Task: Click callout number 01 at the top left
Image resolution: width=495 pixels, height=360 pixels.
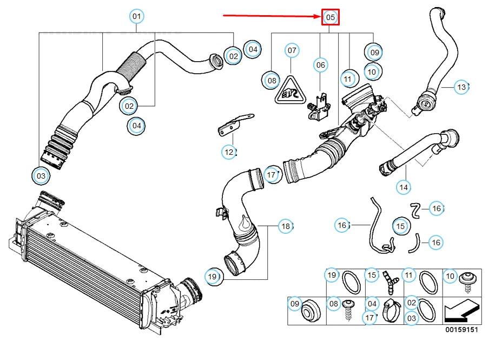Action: click(137, 17)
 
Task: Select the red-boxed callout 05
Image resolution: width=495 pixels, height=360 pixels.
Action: click(331, 17)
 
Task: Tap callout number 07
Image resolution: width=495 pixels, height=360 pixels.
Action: click(292, 51)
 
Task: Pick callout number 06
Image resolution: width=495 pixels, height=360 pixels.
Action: click(321, 65)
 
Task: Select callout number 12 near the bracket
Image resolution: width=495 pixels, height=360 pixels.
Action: click(229, 152)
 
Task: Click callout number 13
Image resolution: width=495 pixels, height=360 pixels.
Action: click(461, 87)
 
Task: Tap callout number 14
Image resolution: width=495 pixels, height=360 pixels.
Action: click(404, 187)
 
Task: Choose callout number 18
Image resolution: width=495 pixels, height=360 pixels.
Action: click(286, 226)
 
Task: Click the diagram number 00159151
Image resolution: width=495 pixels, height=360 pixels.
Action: click(461, 329)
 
